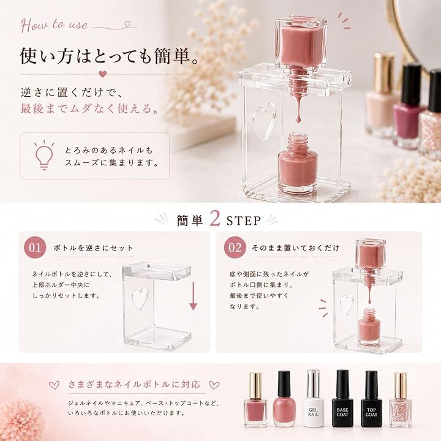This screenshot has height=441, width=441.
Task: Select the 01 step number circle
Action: [x=35, y=248]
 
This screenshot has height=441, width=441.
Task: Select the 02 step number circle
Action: [x=235, y=248]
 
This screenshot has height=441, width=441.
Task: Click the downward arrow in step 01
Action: [x=193, y=296]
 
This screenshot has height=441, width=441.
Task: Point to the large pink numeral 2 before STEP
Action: [x=215, y=219]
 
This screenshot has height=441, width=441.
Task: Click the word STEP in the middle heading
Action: [x=244, y=221]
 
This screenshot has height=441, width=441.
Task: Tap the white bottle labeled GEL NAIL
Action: [x=314, y=399]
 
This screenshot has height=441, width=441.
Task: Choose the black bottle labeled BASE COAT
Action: [x=342, y=399]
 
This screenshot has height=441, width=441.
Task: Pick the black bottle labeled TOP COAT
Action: [x=371, y=399]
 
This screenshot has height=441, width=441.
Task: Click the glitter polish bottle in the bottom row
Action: [x=401, y=400]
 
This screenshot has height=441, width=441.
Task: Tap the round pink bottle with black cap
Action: [x=284, y=399]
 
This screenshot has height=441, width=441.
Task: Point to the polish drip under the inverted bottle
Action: [x=298, y=110]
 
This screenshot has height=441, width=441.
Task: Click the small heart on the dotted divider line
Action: [x=103, y=74]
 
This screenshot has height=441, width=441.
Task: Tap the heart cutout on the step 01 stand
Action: [x=140, y=299]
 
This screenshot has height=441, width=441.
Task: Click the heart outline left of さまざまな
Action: [x=55, y=385]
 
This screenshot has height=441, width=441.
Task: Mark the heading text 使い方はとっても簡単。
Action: [x=109, y=55]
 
